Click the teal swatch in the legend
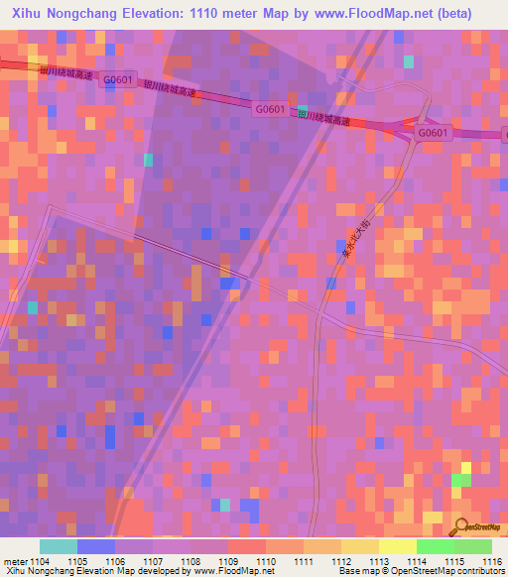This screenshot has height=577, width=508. click(x=58, y=546)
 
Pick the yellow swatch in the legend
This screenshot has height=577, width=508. click(x=397, y=546)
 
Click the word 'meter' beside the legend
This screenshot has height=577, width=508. click(x=17, y=561)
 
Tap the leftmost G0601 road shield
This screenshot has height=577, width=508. click(x=117, y=79)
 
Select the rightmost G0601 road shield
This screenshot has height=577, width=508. click(x=434, y=133)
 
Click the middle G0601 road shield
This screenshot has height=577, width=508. click(x=269, y=109)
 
